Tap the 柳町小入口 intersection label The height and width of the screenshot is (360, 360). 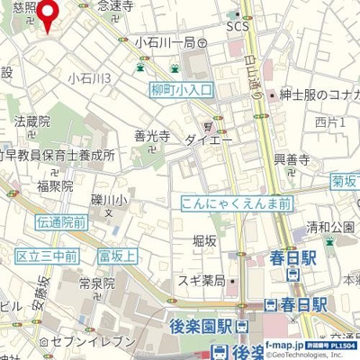[182, 90]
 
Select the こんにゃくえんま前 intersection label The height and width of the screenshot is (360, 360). [236, 204]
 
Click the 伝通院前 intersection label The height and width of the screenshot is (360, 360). [62, 221]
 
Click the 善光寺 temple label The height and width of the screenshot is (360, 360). [152, 137]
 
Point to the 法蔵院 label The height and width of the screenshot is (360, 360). [31, 120]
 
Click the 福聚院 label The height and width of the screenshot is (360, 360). [55, 186]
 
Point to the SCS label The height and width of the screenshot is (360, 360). [237, 26]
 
